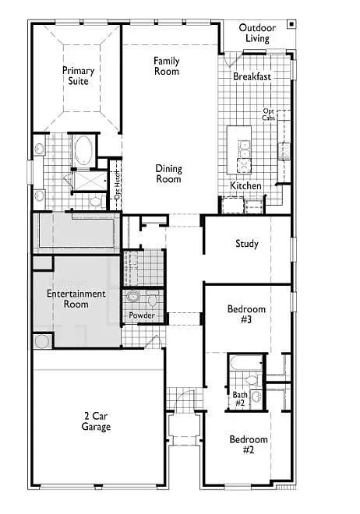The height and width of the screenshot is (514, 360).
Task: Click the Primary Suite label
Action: (x=78, y=76)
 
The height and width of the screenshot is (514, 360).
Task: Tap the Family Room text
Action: (x=166, y=66)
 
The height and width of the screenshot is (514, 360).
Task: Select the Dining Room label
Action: (x=168, y=174)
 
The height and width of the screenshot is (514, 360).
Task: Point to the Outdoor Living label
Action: (x=254, y=33)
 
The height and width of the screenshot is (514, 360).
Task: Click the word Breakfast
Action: (x=252, y=77)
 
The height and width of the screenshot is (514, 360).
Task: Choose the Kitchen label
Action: (x=245, y=186)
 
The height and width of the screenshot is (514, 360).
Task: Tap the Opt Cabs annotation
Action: (x=269, y=114)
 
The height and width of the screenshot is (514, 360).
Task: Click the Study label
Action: (x=247, y=244)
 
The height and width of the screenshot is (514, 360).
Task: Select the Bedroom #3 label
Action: (x=246, y=314)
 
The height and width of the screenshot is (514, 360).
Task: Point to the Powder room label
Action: (x=142, y=315)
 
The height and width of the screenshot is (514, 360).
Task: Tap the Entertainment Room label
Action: (x=76, y=299)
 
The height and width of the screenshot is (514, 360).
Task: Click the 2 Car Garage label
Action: (x=97, y=421)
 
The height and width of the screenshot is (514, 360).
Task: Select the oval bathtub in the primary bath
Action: (x=83, y=151)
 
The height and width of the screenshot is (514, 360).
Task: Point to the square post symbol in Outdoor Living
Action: (x=290, y=23)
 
